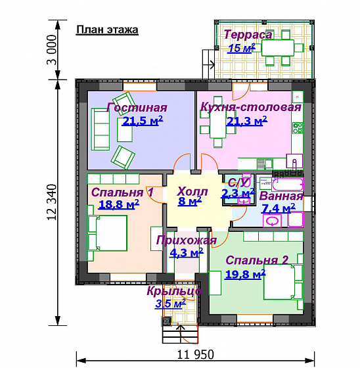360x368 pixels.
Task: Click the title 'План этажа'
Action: point(107,30)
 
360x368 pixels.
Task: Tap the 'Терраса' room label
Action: point(248,35)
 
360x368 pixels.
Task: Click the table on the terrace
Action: point(278,48)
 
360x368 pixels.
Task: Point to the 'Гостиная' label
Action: point(137,108)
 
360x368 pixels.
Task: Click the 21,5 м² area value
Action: point(143,121)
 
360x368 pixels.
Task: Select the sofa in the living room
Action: point(101,129)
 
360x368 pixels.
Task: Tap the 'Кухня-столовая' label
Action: point(251,107)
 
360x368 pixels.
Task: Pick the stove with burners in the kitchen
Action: point(298,128)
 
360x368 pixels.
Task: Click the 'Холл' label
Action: point(192,191)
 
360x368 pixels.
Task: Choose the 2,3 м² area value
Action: point(238,193)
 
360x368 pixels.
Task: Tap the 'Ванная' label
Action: point(281,196)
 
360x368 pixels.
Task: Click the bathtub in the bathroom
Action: point(288,185)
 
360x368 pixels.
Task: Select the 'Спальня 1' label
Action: point(122,192)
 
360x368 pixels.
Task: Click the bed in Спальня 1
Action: point(108,233)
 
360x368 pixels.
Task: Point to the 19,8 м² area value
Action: point(245,274)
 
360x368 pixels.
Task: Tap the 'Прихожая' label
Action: point(187,241)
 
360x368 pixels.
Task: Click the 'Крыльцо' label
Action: point(174,291)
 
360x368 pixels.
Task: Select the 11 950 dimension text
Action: point(195,354)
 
